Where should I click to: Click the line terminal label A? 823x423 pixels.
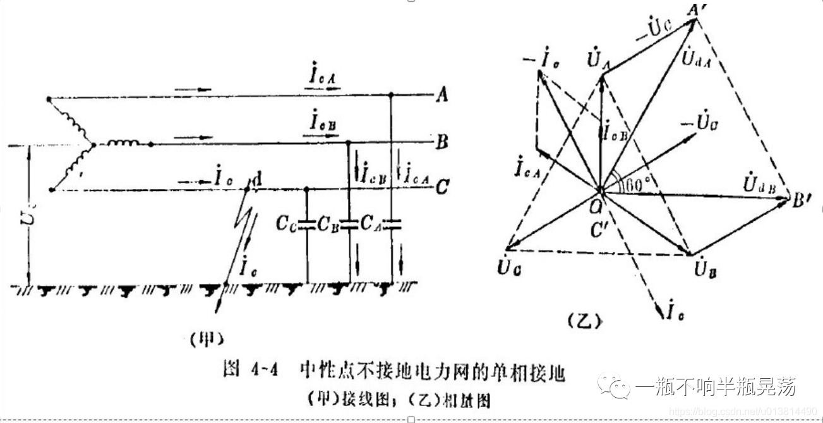pyautogui.click(x=443, y=96)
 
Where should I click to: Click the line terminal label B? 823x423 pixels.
pyautogui.click(x=442, y=142)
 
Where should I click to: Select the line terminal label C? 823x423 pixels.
pyautogui.click(x=443, y=187)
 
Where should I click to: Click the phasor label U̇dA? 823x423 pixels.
pyautogui.click(x=696, y=61)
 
